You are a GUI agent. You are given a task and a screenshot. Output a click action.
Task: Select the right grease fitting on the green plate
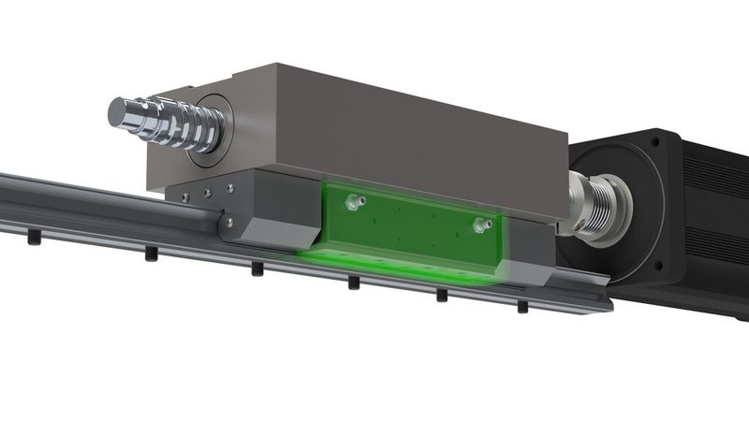pos(480,224)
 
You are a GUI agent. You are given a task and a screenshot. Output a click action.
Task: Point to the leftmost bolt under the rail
pos(34,240)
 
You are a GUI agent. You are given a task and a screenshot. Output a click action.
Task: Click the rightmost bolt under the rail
pos(521,306)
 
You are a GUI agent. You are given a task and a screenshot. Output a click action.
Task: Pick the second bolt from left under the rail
pos(151,254)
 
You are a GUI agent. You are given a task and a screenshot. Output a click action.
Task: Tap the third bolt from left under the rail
pos(257,269)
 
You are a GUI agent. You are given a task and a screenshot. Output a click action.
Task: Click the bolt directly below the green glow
pos(354,282)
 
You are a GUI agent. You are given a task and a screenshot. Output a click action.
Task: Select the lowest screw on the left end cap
pos(228,223)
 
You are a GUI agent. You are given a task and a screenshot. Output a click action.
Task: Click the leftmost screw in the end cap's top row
pos(184,196)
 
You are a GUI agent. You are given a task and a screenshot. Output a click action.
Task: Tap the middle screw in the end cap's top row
pos(206,193)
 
